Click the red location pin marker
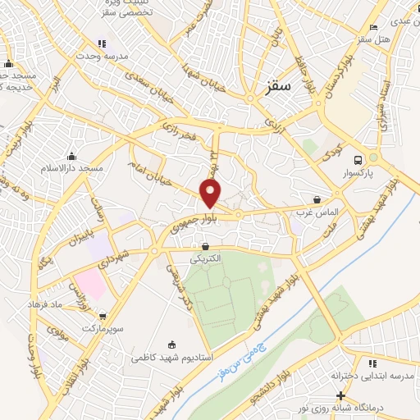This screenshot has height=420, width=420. pos(211,192)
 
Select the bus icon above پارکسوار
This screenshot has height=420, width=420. pos(357,160)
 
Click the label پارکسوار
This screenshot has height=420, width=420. pos(357,174)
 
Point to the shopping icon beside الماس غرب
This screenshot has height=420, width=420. pos(317,199)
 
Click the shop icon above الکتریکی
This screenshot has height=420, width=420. pos(204,245)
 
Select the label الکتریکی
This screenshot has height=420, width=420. pos(204,258)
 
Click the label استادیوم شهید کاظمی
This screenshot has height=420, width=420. pos(172,358)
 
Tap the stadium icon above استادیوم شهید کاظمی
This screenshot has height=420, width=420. pos(171,345)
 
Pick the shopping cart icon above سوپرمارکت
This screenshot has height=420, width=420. pos(101,315)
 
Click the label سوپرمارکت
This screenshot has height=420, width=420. pos(101,328)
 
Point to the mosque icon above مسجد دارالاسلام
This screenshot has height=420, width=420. pos(71,156)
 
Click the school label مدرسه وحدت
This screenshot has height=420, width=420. pos(102,57)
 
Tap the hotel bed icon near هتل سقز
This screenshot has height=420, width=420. pos(373,27)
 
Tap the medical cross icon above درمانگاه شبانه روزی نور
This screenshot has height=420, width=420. pos(340,395)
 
